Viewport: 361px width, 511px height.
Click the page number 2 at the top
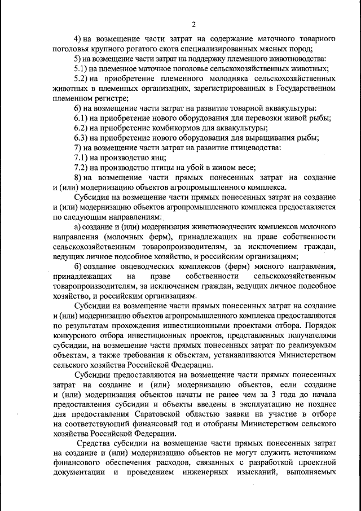193,24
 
